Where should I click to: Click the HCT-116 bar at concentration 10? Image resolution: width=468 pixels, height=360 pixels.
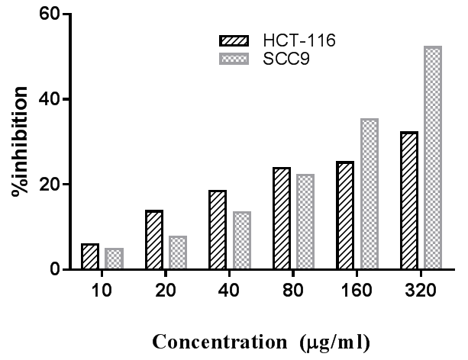point(90,257)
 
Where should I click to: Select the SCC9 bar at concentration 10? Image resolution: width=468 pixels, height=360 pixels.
point(114,259)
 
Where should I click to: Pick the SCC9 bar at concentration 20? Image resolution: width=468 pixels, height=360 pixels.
point(157,253)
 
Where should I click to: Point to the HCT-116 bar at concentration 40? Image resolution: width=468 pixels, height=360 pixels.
point(176,230)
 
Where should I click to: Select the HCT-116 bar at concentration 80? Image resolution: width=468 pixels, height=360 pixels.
point(218,219)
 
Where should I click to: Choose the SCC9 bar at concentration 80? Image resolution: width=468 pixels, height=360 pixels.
point(242,222)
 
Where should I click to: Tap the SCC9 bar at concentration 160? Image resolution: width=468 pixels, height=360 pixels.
point(285,194)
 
